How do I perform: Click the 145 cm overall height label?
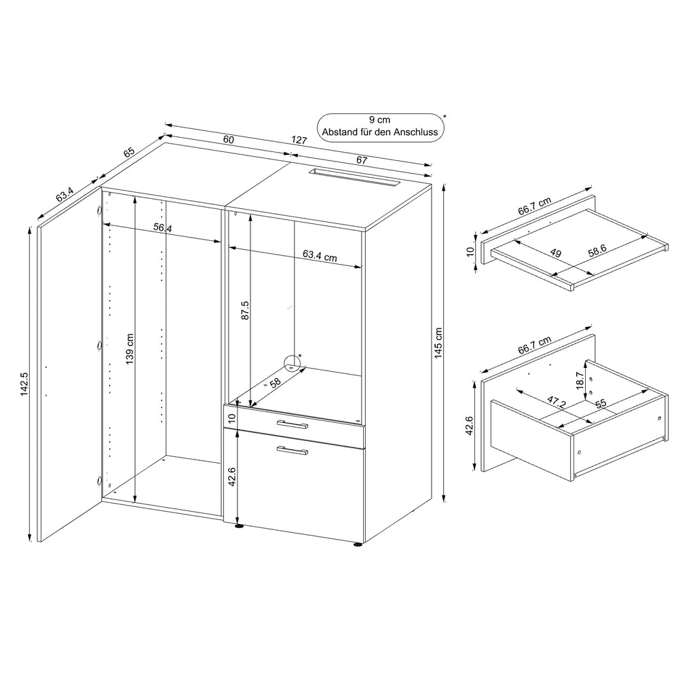click(438, 343)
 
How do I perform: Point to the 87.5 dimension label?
click(245, 310)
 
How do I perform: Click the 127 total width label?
click(299, 140)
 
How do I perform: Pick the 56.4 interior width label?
click(162, 229)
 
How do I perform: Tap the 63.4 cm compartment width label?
click(320, 255)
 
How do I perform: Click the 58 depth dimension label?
click(275, 383)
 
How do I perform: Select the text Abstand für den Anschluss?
click(380, 132)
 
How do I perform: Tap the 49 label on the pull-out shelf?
click(555, 253)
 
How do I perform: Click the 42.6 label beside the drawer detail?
click(475, 426)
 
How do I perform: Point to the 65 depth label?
click(129, 151)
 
